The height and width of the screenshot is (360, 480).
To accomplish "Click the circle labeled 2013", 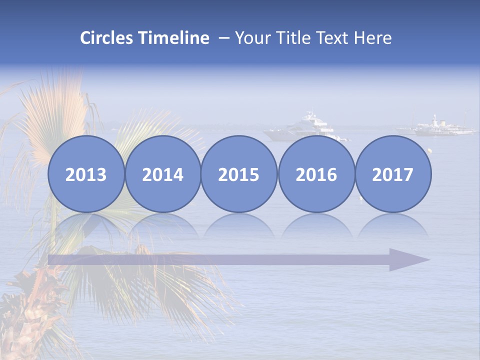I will click(86, 174).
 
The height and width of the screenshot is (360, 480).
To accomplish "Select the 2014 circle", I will click(162, 174).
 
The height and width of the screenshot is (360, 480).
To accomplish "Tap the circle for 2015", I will click(239, 174).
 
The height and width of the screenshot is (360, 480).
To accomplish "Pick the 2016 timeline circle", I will click(316, 174).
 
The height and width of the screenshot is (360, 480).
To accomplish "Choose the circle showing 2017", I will click(392, 174).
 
